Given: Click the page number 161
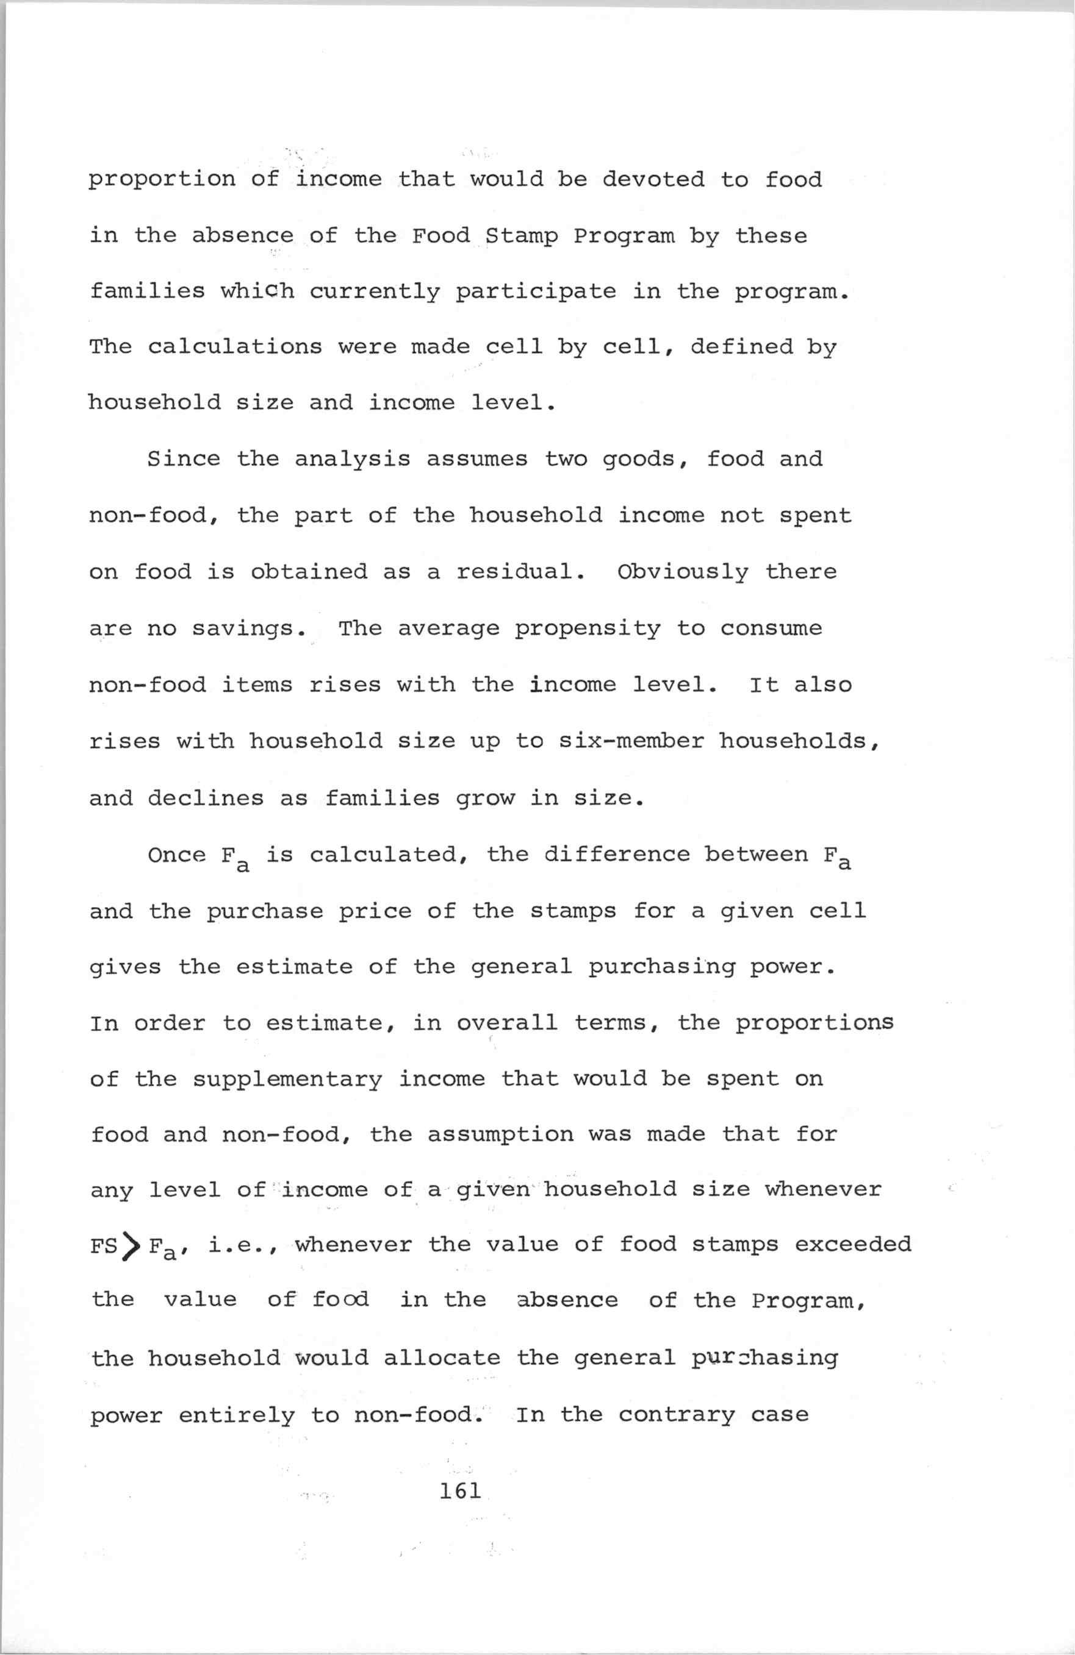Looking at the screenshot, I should coord(460,1490).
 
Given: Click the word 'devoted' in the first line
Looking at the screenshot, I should coord(653,179).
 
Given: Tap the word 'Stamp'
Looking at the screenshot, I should coord(521,237).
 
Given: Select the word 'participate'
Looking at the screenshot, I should coord(536,292).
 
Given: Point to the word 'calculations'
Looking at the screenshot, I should coord(234,346).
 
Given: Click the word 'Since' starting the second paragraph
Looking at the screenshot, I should coord(184,459).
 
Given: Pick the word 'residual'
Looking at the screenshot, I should coord(520,572).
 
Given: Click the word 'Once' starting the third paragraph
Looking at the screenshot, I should coord(177,854).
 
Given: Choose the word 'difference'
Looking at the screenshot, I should coord(616,854).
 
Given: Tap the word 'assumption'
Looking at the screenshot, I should coord(500,1135).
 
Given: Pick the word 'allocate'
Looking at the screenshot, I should coord(441,1358).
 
